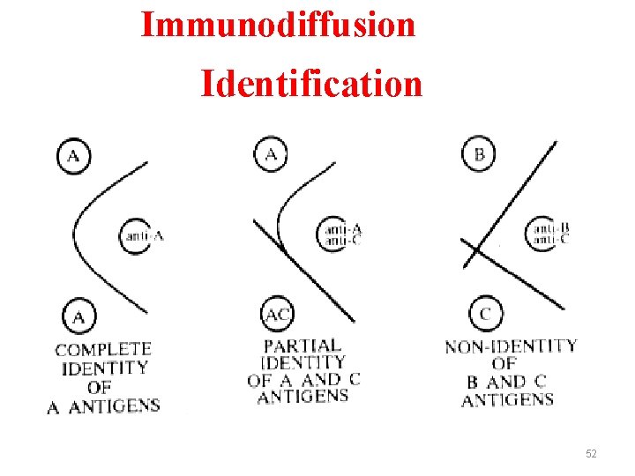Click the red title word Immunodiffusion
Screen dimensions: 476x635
tap(278, 24)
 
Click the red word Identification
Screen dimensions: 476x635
tap(311, 85)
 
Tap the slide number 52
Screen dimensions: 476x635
tap(591, 453)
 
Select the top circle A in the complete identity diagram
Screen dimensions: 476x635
tap(74, 157)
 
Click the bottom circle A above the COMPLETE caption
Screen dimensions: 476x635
tap(79, 316)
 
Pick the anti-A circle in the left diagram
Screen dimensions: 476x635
tap(137, 235)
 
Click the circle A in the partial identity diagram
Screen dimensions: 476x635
tap(271, 156)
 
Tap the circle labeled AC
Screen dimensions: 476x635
tap(278, 313)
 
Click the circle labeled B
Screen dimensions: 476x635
tap(479, 155)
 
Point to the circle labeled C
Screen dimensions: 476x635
tap(486, 313)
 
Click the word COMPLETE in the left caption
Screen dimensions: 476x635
tap(103, 350)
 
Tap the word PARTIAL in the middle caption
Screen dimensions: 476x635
tap(303, 346)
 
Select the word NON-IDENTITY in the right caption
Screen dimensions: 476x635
tap(511, 346)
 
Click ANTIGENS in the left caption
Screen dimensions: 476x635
tap(114, 405)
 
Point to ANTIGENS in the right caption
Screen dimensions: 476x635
tap(507, 399)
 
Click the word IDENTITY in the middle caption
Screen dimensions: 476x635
tap(303, 362)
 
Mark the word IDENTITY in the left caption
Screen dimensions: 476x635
tap(104, 368)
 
